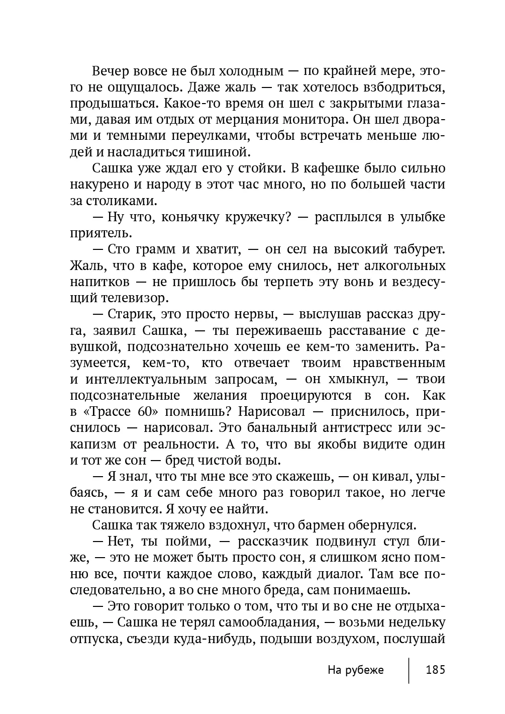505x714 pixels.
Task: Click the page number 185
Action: click(x=435, y=670)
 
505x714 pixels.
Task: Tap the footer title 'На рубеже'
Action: click(x=355, y=670)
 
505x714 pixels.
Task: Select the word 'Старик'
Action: click(x=127, y=314)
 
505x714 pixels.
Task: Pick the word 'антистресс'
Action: click(x=373, y=428)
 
